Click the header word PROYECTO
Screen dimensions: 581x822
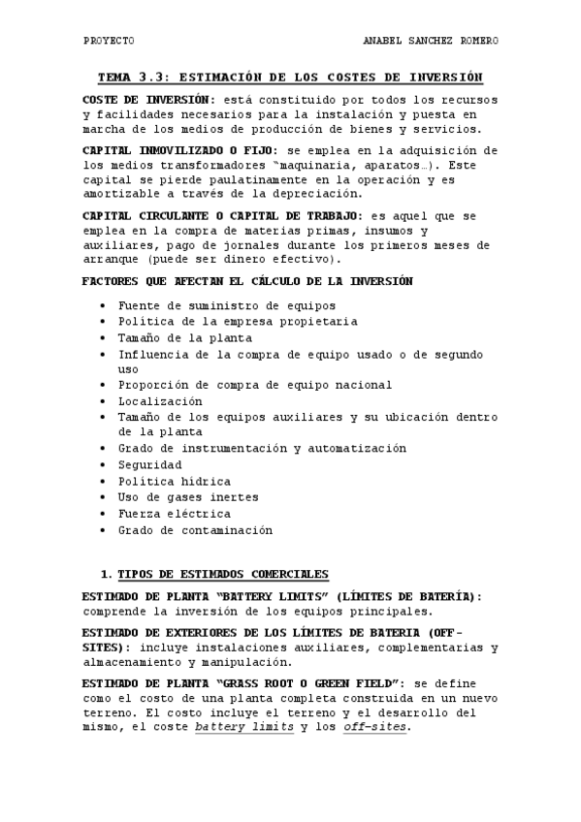click(109, 42)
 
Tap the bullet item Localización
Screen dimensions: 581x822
click(160, 400)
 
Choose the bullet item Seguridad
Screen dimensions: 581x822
click(149, 464)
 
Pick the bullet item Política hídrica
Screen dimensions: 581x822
click(174, 481)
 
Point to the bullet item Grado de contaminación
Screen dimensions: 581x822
click(195, 530)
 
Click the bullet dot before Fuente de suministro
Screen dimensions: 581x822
click(104, 306)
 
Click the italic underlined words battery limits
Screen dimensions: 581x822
click(243, 727)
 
